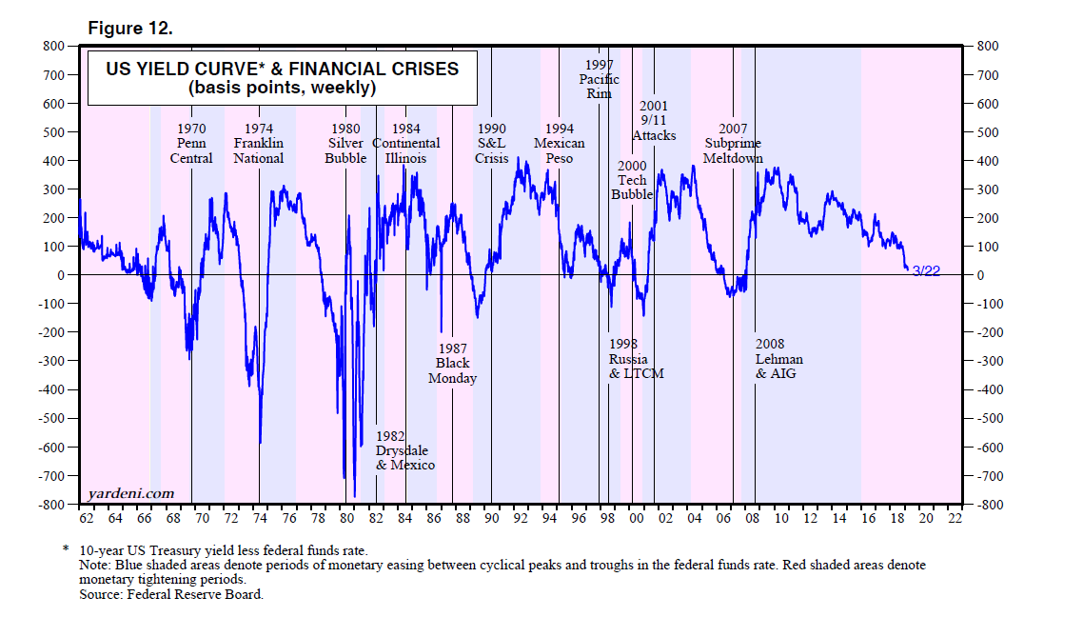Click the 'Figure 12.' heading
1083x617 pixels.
coord(130,29)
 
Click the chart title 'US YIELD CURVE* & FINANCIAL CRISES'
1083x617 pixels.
coord(282,70)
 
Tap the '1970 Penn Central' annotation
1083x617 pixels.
coord(191,144)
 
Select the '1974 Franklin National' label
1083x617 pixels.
coord(258,144)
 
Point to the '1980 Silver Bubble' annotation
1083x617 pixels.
coord(345,144)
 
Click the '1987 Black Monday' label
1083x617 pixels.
coord(452,363)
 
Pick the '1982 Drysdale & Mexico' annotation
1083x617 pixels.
coord(404,450)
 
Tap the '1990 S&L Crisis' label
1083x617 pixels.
coord(492,144)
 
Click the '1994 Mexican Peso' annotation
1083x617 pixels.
coord(560,144)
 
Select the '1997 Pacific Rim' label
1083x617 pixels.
coord(599,79)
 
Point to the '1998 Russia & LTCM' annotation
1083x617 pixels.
coord(636,359)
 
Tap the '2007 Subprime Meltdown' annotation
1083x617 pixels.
coord(733,144)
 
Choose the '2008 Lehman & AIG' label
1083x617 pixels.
coord(779,359)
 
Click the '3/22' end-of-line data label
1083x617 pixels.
coord(926,272)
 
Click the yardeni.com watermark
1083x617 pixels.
coord(130,492)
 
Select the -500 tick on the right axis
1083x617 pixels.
coord(981,418)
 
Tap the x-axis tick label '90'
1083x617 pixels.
coord(491,519)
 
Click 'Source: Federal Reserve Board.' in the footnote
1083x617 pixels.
coord(171,594)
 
